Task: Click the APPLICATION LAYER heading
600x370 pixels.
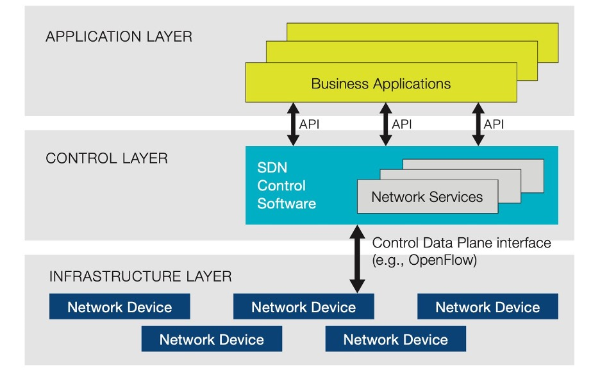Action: point(119,37)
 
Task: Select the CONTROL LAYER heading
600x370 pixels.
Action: point(106,158)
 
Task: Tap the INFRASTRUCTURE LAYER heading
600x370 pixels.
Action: point(140,277)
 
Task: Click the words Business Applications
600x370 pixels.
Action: point(381,84)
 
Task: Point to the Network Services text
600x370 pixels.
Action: point(427,197)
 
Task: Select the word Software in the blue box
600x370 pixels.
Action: point(287,204)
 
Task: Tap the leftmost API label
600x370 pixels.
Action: point(309,124)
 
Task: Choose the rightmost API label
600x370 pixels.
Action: point(494,124)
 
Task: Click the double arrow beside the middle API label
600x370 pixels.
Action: point(385,123)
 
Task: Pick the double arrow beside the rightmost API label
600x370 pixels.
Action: point(478,123)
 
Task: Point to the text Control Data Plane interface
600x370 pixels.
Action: point(462,243)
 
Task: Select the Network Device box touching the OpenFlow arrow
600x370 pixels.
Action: point(303,307)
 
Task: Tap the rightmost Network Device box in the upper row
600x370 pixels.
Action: point(487,307)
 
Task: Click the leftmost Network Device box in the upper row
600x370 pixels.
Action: point(119,307)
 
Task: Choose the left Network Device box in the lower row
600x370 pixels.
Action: point(212,339)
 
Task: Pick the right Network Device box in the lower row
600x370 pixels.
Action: point(396,339)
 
